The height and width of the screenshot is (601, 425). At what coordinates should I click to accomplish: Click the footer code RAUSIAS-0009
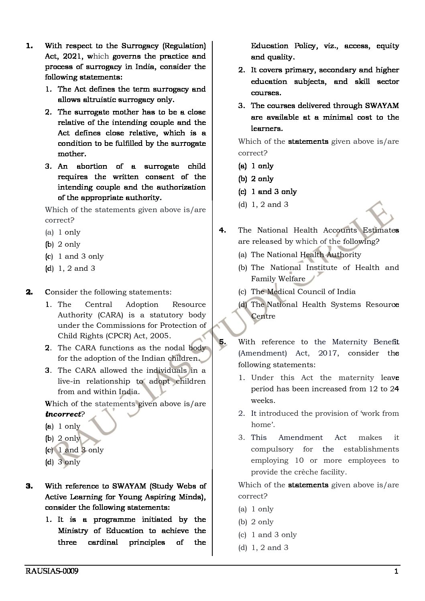51,571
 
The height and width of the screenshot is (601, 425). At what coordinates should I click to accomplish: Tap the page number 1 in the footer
396,571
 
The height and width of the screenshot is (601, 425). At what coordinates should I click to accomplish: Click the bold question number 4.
223,230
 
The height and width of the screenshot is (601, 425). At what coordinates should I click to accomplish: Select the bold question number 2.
29,292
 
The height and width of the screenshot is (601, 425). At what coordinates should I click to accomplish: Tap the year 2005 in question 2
161,336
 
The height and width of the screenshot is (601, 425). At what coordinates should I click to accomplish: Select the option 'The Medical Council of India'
303,292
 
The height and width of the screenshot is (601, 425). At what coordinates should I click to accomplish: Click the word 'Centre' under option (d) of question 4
263,316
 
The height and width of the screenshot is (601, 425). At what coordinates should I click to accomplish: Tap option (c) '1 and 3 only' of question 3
274,192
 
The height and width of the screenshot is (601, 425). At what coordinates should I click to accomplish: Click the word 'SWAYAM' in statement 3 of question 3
382,106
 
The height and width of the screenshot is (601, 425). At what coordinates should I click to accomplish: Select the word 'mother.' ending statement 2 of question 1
72,154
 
